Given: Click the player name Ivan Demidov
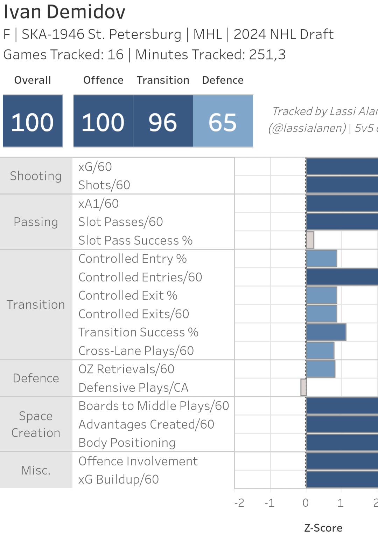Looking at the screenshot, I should pos(64,12).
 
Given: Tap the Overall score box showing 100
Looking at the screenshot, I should pos(33,121).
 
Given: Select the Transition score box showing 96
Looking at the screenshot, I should pos(163,121).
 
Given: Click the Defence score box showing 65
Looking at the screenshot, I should pos(223,121).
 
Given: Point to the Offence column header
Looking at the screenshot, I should pos(103,80).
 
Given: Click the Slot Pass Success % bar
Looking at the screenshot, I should pos(310,240).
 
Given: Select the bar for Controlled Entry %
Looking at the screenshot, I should pos(322,259).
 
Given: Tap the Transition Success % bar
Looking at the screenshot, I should pos(326,332).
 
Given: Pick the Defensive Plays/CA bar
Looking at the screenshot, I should pos(303,387).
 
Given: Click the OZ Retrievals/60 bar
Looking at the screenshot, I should pos(321,369).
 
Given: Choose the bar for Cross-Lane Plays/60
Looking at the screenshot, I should pos(320,350).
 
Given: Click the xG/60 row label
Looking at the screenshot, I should pos(95,167).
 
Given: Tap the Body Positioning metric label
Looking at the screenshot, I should pos(127,443).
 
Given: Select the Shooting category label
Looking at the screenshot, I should pos(36,176).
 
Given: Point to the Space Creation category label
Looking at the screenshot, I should pos(36,424).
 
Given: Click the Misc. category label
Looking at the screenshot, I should pos(36,470).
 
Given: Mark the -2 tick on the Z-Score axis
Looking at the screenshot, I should pos(239,503).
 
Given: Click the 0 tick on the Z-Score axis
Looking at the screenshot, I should pos(306,503).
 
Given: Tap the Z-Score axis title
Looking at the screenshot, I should pos(323,527).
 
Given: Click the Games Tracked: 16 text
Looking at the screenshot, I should pos(63,55).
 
